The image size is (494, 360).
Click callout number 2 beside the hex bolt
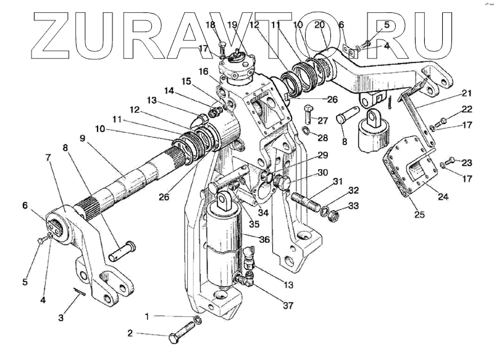pos(130,333)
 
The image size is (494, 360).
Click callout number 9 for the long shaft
pos(83,138)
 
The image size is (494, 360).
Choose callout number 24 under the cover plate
pos(443,196)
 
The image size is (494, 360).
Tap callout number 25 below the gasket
pos(420,214)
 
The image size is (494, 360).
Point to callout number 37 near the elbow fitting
pos(288,305)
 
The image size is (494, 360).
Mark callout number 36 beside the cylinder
pos(265,240)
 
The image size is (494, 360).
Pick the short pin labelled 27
pos(308,114)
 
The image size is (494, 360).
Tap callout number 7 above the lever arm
pos(48,157)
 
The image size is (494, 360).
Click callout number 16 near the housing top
pos(204,72)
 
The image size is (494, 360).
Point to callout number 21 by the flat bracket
pos(467,93)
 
